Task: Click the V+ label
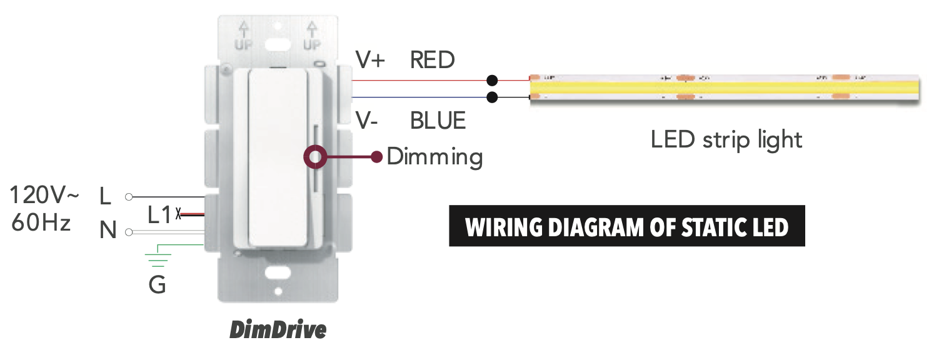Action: click(370, 60)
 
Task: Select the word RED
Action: click(432, 60)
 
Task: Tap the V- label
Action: click(367, 120)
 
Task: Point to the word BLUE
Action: click(438, 120)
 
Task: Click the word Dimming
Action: click(434, 156)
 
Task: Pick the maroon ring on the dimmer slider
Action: click(314, 157)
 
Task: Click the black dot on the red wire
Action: click(493, 81)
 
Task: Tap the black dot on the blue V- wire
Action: click(493, 97)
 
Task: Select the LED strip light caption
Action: click(726, 139)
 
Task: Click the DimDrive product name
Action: click(278, 329)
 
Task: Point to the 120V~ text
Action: click(44, 196)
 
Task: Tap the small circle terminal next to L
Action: click(129, 197)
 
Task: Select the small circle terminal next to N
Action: click(129, 232)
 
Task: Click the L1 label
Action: click(159, 215)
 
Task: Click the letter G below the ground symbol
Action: click(158, 285)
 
